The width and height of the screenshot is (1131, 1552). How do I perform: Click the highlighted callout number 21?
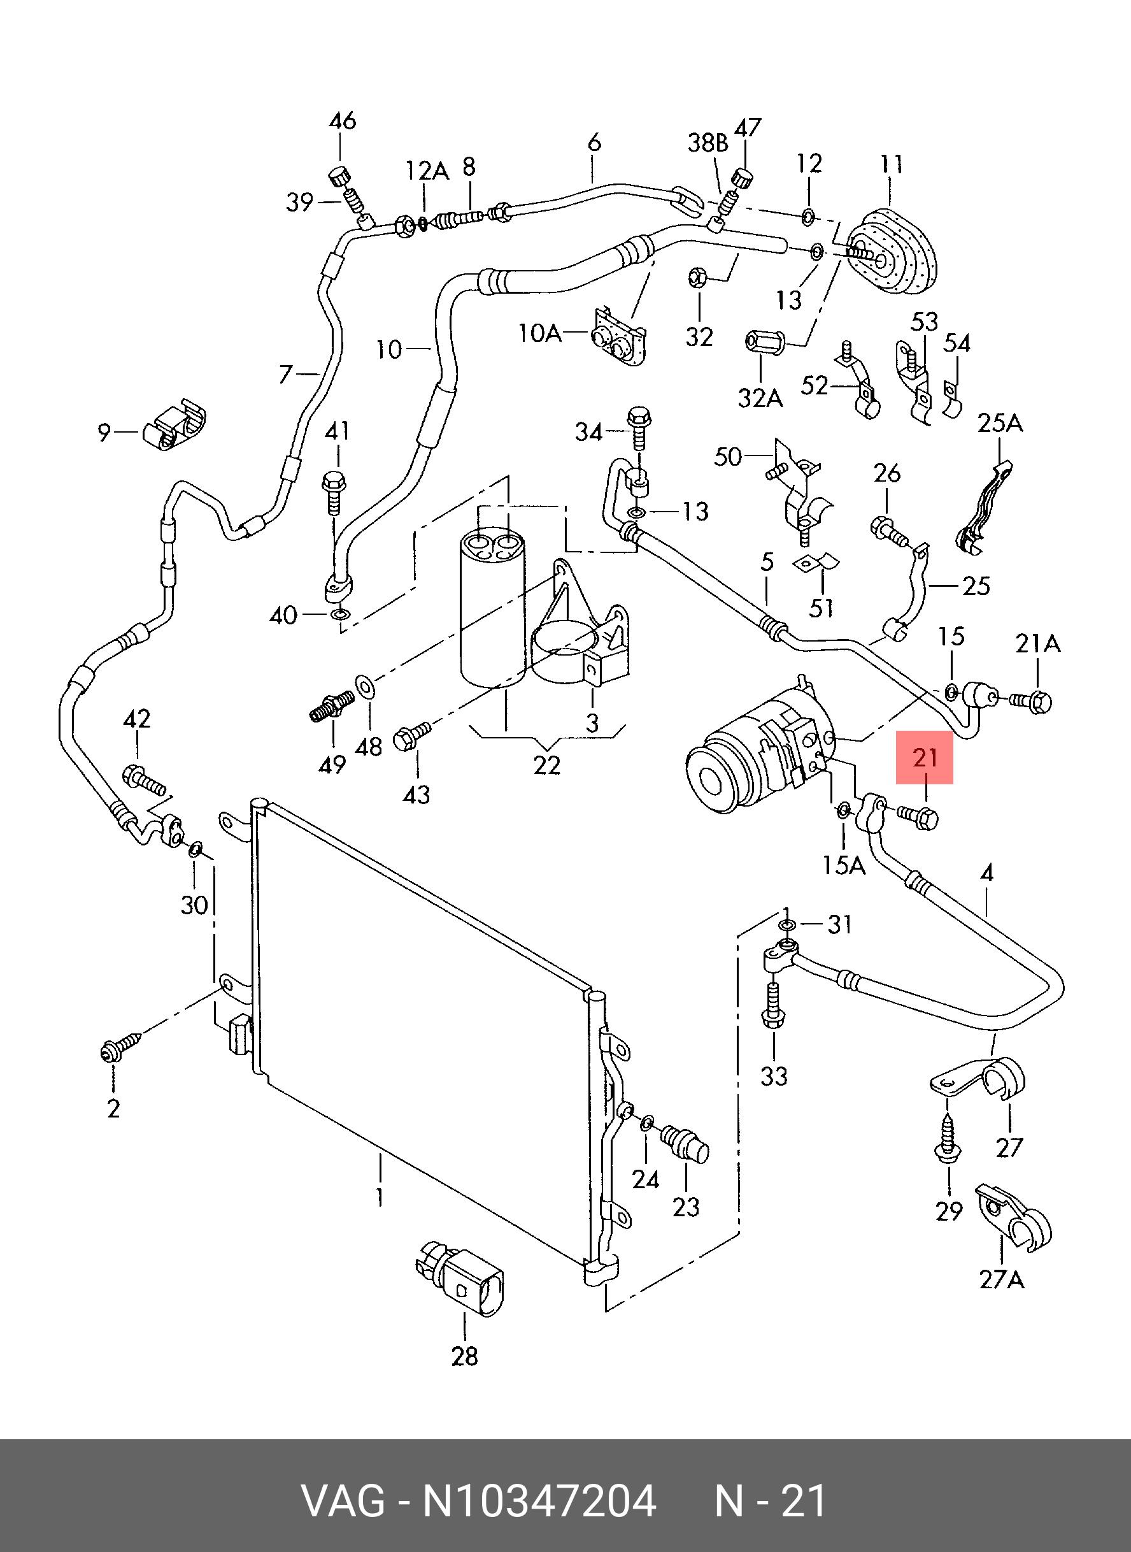pos(925,758)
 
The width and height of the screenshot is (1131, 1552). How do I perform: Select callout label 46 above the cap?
pos(343,121)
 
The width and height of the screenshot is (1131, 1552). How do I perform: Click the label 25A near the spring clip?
pos(1000,423)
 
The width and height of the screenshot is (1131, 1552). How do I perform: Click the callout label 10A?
pos(540,334)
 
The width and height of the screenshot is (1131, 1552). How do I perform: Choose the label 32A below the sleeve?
pos(760,398)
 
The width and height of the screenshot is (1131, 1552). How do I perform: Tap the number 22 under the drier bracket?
pos(547,765)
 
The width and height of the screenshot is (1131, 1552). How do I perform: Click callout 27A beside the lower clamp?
pos(1002,1279)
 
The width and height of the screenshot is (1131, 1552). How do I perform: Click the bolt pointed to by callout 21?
pos(918,816)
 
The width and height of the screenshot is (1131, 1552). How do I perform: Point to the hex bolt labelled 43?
pos(411,736)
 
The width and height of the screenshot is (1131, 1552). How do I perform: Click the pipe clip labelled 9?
pos(174,428)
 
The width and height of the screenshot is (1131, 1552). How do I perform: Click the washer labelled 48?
pos(366,687)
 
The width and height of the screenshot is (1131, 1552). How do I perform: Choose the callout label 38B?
pos(708,143)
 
